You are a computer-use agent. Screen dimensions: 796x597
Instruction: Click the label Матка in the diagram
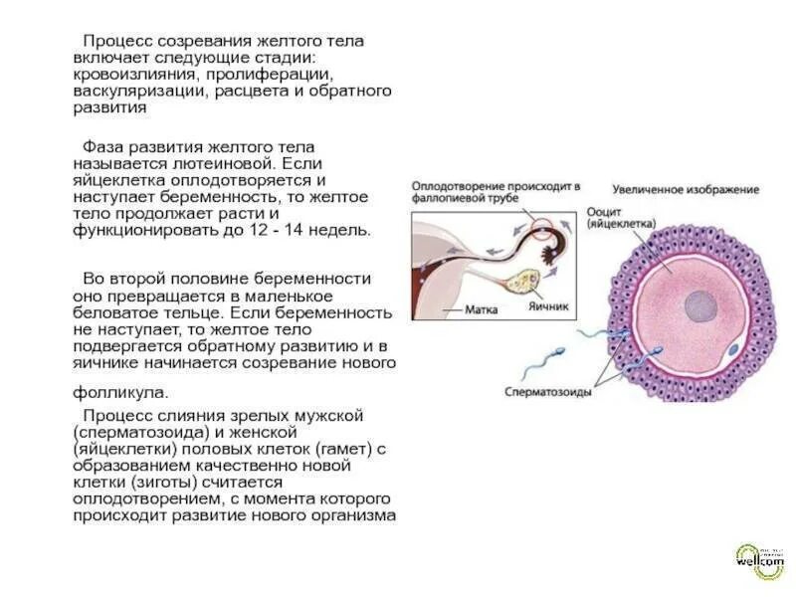[484, 309]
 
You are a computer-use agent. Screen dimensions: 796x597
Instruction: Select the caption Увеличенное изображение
[686, 189]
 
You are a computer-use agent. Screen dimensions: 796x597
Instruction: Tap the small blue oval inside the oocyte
[732, 350]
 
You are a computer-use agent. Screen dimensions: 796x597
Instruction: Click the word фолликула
[119, 391]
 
